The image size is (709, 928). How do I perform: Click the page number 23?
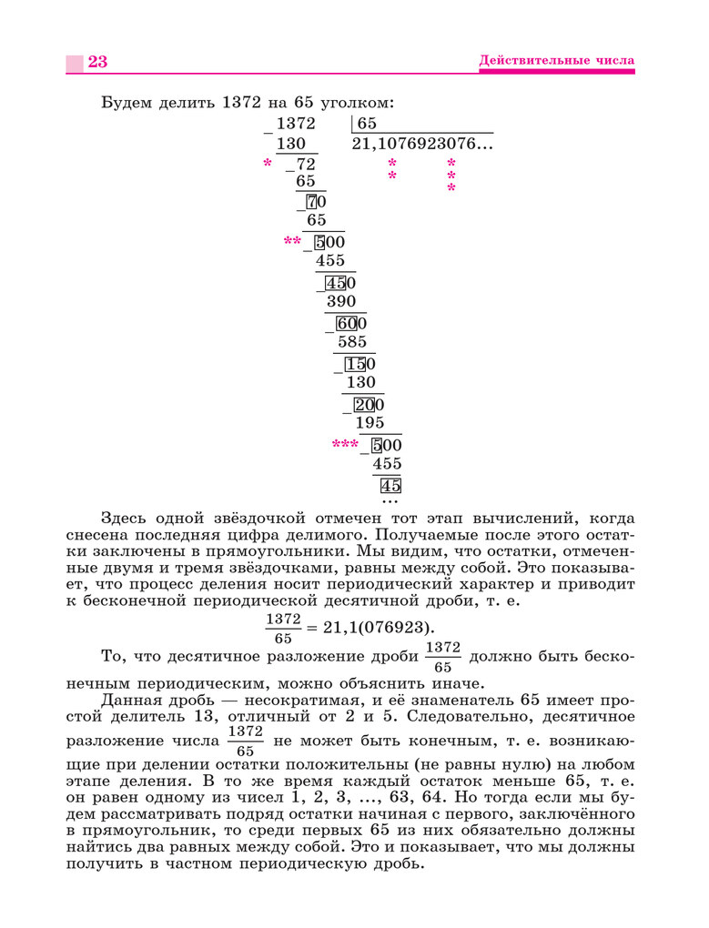[97, 62]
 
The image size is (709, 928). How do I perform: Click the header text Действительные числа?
[556, 61]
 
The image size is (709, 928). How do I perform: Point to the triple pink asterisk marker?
[345, 445]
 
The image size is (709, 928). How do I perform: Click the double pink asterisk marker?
[292, 242]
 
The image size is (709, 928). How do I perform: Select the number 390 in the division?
[340, 301]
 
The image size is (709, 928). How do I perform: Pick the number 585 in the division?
[351, 342]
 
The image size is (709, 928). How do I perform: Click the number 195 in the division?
[370, 422]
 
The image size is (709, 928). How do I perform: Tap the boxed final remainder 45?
[390, 485]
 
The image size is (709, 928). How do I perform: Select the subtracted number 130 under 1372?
[291, 144]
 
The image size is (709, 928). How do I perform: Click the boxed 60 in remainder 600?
[346, 323]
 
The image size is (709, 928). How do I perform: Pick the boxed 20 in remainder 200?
[364, 404]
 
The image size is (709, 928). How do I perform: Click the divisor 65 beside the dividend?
[367, 124]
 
